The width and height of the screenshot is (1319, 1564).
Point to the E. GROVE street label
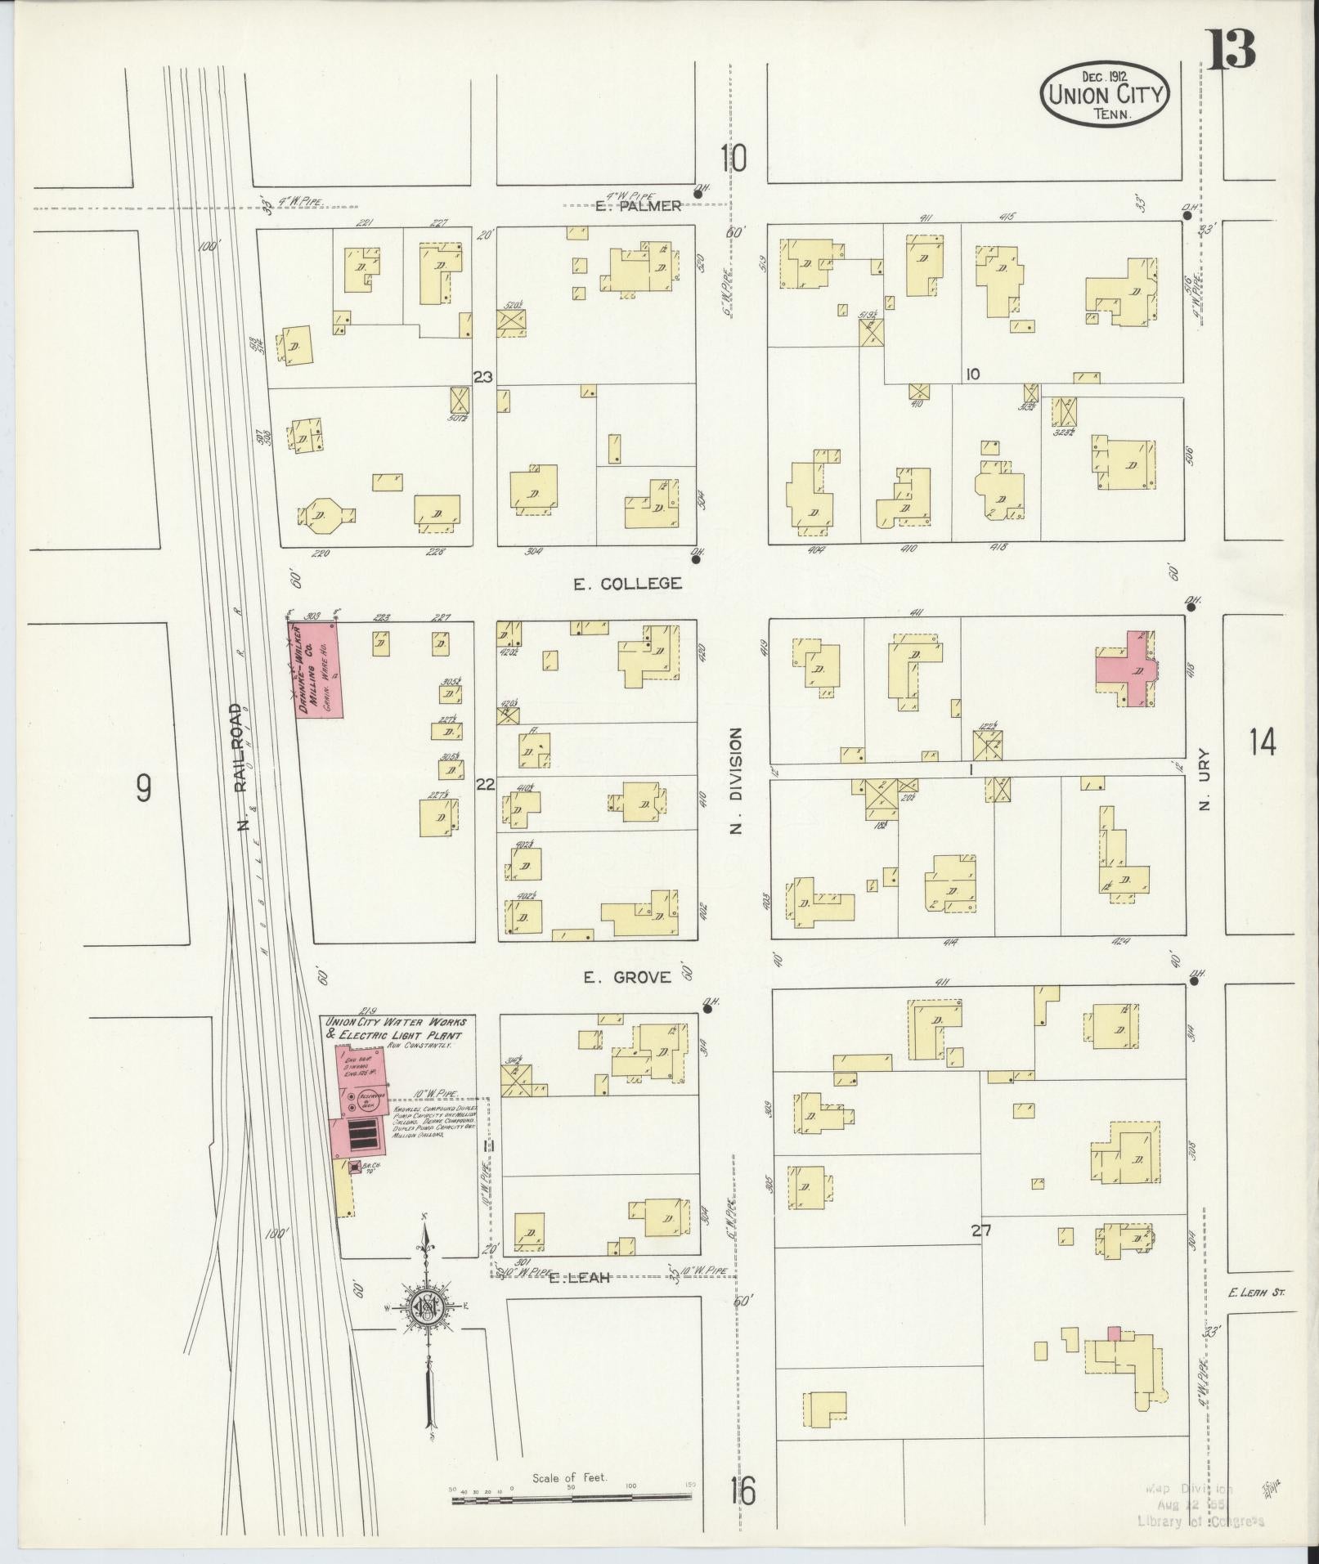click(628, 976)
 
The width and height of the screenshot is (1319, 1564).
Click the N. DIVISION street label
click(735, 781)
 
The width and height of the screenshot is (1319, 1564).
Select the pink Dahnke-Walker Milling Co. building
click(319, 670)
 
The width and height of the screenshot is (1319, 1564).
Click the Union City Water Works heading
click(396, 1028)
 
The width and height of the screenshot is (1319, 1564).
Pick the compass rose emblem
click(427, 1329)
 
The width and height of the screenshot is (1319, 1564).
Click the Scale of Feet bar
click(572, 1499)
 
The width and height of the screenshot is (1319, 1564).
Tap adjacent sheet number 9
click(143, 788)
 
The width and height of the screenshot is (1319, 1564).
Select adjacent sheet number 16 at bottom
click(743, 1491)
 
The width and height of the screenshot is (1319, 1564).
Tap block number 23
click(483, 377)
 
